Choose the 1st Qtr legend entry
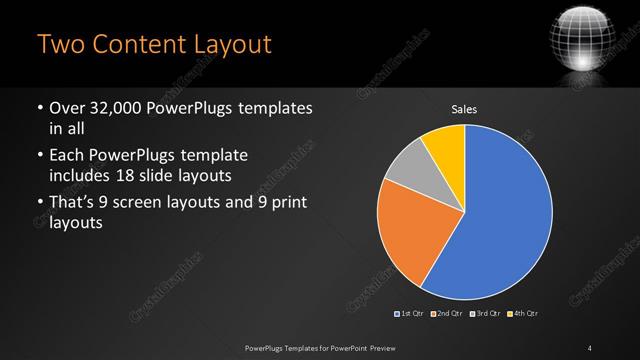click(409, 315)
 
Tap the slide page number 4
click(590, 347)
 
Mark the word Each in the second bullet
click(66, 156)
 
